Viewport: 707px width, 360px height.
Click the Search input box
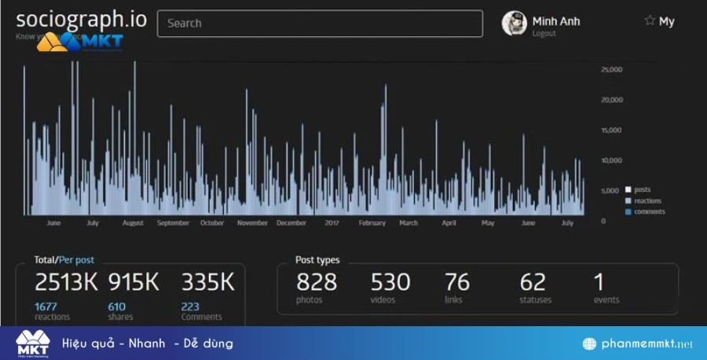tap(320, 24)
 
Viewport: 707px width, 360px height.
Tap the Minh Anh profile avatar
tap(514, 24)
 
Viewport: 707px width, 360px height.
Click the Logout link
tap(544, 34)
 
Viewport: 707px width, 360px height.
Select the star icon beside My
tap(650, 21)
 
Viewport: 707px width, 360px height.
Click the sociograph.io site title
tap(81, 20)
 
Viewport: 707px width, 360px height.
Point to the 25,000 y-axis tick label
tap(611, 70)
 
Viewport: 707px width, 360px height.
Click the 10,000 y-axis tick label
tap(611, 160)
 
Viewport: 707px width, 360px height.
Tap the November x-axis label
tap(252, 223)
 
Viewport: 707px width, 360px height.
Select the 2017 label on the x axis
tap(332, 223)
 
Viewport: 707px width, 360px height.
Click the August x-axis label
tap(133, 223)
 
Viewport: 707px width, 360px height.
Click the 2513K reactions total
tap(67, 282)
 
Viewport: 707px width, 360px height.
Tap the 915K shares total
tap(134, 282)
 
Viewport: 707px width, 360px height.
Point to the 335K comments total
tap(208, 282)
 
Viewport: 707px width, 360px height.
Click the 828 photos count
tap(316, 281)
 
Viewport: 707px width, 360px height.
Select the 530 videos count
tap(390, 281)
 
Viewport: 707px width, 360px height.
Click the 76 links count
tap(457, 281)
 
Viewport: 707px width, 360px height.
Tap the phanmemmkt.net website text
tap(646, 344)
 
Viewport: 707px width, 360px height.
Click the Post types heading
tap(317, 260)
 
